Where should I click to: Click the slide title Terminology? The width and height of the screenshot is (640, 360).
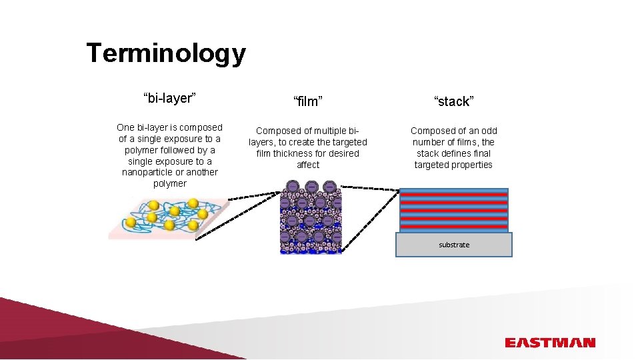click(166, 53)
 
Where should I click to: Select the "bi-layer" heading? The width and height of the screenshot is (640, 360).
click(169, 99)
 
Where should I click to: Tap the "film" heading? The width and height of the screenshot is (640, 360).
click(308, 101)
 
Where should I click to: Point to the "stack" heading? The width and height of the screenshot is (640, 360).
click(453, 101)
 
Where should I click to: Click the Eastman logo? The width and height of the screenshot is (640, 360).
click(549, 343)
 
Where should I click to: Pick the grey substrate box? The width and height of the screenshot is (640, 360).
click(454, 245)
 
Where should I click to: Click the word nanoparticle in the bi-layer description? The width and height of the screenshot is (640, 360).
click(151, 172)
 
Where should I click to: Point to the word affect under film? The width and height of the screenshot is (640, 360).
click(308, 165)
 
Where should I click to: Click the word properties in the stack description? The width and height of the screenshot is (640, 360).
click(471, 165)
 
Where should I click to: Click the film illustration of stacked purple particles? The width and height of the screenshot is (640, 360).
click(310, 217)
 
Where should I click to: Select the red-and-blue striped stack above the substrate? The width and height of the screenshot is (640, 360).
click(454, 210)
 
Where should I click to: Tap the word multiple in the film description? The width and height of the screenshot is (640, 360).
click(330, 131)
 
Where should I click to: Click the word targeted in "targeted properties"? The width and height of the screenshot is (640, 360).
click(431, 165)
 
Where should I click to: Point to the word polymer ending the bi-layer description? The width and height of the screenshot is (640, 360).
click(170, 183)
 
